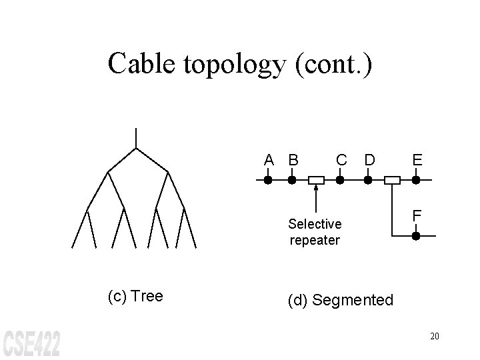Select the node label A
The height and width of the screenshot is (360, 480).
pos(268,160)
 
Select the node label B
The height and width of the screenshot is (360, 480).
pos(293,160)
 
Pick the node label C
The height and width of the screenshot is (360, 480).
pos(341,160)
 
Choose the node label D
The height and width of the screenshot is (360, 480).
pos(369,160)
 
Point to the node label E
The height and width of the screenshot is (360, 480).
pos(417,160)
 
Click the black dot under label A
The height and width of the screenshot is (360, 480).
pos(267,180)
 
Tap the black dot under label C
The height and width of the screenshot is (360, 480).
pos(340,180)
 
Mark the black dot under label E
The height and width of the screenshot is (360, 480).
pos(415,180)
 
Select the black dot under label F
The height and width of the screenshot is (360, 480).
pos(415,236)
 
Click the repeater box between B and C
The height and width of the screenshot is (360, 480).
pos(316,180)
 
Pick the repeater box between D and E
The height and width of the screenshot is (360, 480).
pos(393,180)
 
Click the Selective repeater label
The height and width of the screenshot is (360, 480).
pos(315,232)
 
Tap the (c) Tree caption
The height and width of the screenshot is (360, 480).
pos(135,296)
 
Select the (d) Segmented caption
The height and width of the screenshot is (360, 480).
pos(341,301)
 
